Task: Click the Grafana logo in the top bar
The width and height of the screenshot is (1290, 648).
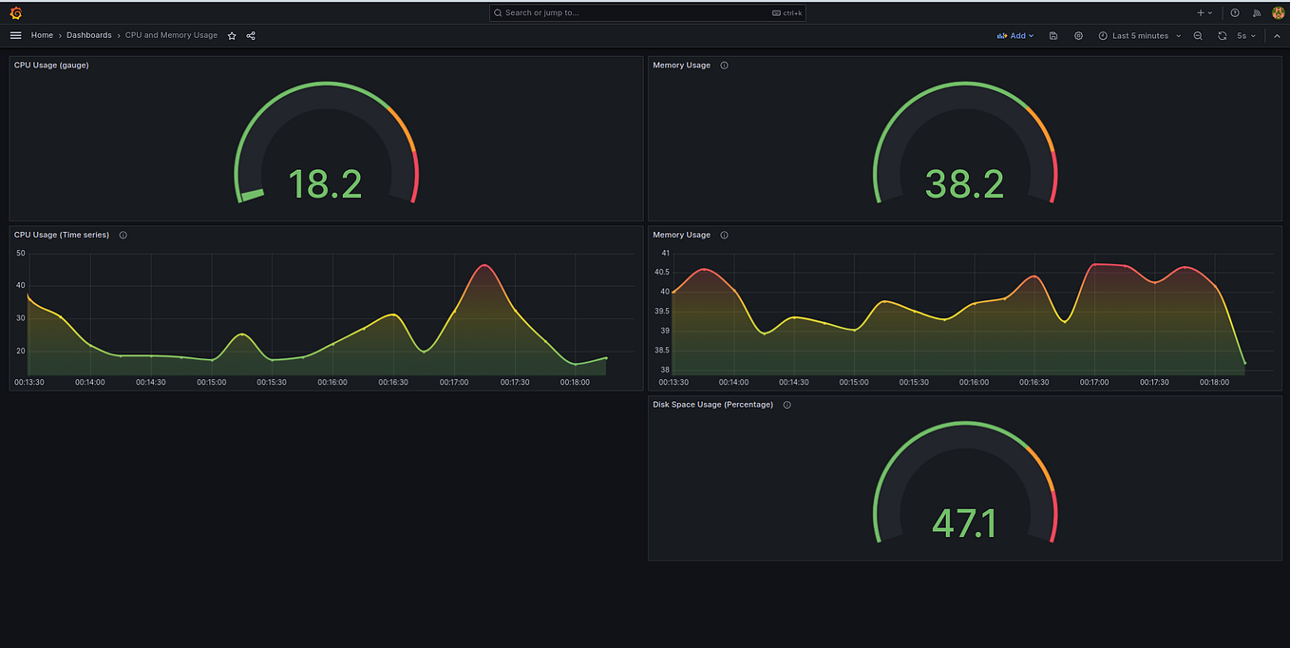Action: coord(15,12)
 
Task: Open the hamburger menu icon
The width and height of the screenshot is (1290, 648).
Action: coord(15,35)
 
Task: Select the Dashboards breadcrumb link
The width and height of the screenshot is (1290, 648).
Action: coord(88,35)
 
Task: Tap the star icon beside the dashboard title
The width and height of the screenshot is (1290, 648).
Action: coord(232,35)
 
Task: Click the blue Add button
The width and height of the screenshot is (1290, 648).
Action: coord(1015,35)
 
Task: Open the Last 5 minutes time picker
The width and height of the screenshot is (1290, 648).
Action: coord(1140,35)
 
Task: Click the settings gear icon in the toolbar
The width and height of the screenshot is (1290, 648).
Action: coord(1078,35)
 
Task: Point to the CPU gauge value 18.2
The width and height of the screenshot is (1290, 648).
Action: coord(325,183)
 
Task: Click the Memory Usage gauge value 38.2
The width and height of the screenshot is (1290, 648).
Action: coord(964,183)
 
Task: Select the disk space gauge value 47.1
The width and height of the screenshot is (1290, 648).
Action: coord(964,523)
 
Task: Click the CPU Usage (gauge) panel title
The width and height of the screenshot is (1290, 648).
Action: coord(51,65)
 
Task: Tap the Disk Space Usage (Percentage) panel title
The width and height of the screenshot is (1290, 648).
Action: coord(712,404)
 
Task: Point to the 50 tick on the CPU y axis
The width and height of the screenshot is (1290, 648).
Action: coord(20,254)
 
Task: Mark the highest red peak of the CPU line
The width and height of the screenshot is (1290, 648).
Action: coord(484,265)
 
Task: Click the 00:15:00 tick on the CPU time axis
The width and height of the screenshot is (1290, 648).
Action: coord(211,382)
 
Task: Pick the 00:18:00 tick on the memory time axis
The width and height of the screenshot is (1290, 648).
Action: coord(1215,382)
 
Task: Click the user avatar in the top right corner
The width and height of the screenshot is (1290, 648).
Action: coord(1278,12)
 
